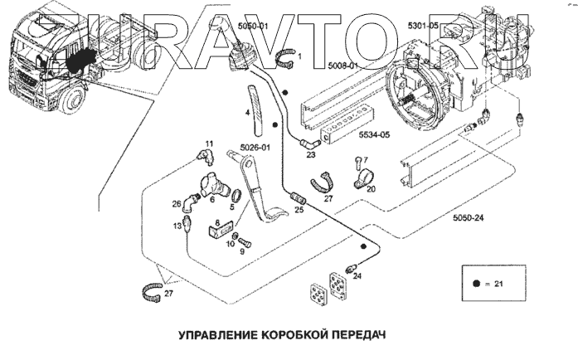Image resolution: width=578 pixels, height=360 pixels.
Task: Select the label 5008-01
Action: [342, 66]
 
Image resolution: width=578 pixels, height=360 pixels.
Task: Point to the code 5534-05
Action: [373, 134]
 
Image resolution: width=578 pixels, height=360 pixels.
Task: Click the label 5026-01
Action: [255, 148]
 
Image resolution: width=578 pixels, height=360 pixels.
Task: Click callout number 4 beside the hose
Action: [247, 111]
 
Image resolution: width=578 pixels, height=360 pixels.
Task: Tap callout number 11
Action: [209, 144]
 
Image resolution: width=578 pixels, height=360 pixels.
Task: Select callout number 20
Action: [370, 189]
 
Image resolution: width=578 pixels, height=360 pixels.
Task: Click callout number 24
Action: [357, 277]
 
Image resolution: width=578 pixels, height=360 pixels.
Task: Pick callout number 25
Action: [299, 210]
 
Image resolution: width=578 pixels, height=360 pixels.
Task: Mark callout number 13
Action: [177, 226]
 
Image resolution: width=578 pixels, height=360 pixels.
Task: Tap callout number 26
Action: [176, 203]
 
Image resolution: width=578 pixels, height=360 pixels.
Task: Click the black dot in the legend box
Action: [478, 284]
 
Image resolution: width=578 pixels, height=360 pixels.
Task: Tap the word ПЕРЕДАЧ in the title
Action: [357, 337]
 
